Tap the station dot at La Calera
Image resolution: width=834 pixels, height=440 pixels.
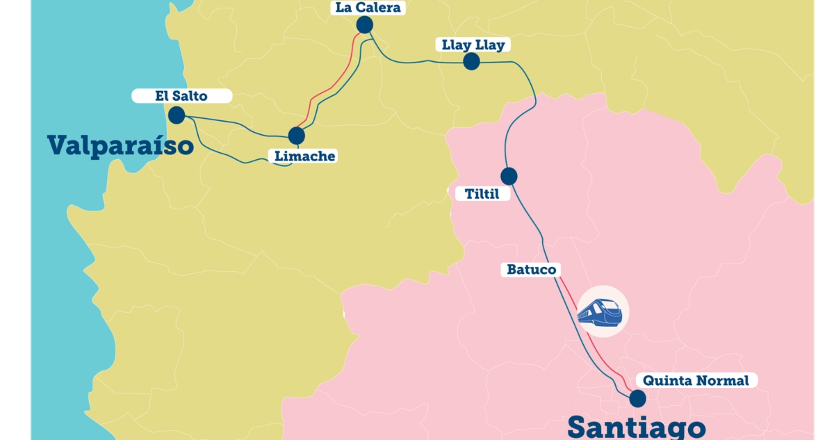tap(364, 25)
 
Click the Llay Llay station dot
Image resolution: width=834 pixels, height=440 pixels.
tap(472, 62)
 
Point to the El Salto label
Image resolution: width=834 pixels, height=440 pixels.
tap(181, 96)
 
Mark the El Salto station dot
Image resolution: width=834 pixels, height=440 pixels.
tap(177, 115)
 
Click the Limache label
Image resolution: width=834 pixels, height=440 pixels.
tap(304, 156)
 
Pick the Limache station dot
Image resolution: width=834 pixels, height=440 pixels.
tap(297, 136)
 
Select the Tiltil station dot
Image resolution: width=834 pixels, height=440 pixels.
tap(509, 176)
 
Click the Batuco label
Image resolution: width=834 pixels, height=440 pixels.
tap(532, 270)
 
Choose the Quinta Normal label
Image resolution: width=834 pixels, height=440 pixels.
tap(696, 381)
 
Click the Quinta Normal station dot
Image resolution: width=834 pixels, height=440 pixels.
tap(637, 398)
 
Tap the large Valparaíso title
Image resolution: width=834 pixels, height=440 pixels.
tap(120, 146)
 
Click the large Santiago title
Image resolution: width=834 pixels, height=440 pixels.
tap(636, 426)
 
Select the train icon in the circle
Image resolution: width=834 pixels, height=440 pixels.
tap(600, 312)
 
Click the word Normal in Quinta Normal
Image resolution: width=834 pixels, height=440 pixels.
tap(723, 381)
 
